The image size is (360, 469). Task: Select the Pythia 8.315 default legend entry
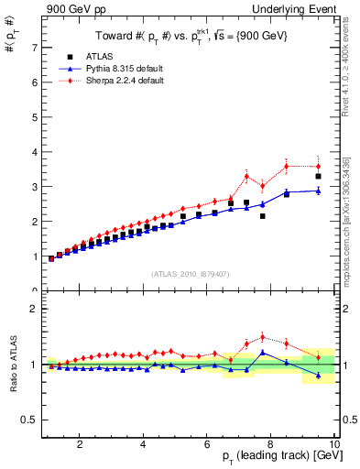[115, 69]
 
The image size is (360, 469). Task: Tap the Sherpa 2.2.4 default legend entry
[115, 81]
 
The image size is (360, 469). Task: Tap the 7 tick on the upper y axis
[34, 47]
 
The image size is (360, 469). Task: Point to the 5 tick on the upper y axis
[34, 116]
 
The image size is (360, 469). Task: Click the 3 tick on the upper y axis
[34, 186]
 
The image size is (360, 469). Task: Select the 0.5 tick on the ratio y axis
[30, 420]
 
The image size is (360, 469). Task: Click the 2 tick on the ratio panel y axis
[34, 309]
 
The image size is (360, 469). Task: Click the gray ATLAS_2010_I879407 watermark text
[189, 272]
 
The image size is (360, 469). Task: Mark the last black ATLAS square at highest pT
[318, 176]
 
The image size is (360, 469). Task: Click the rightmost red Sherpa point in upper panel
[318, 166]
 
